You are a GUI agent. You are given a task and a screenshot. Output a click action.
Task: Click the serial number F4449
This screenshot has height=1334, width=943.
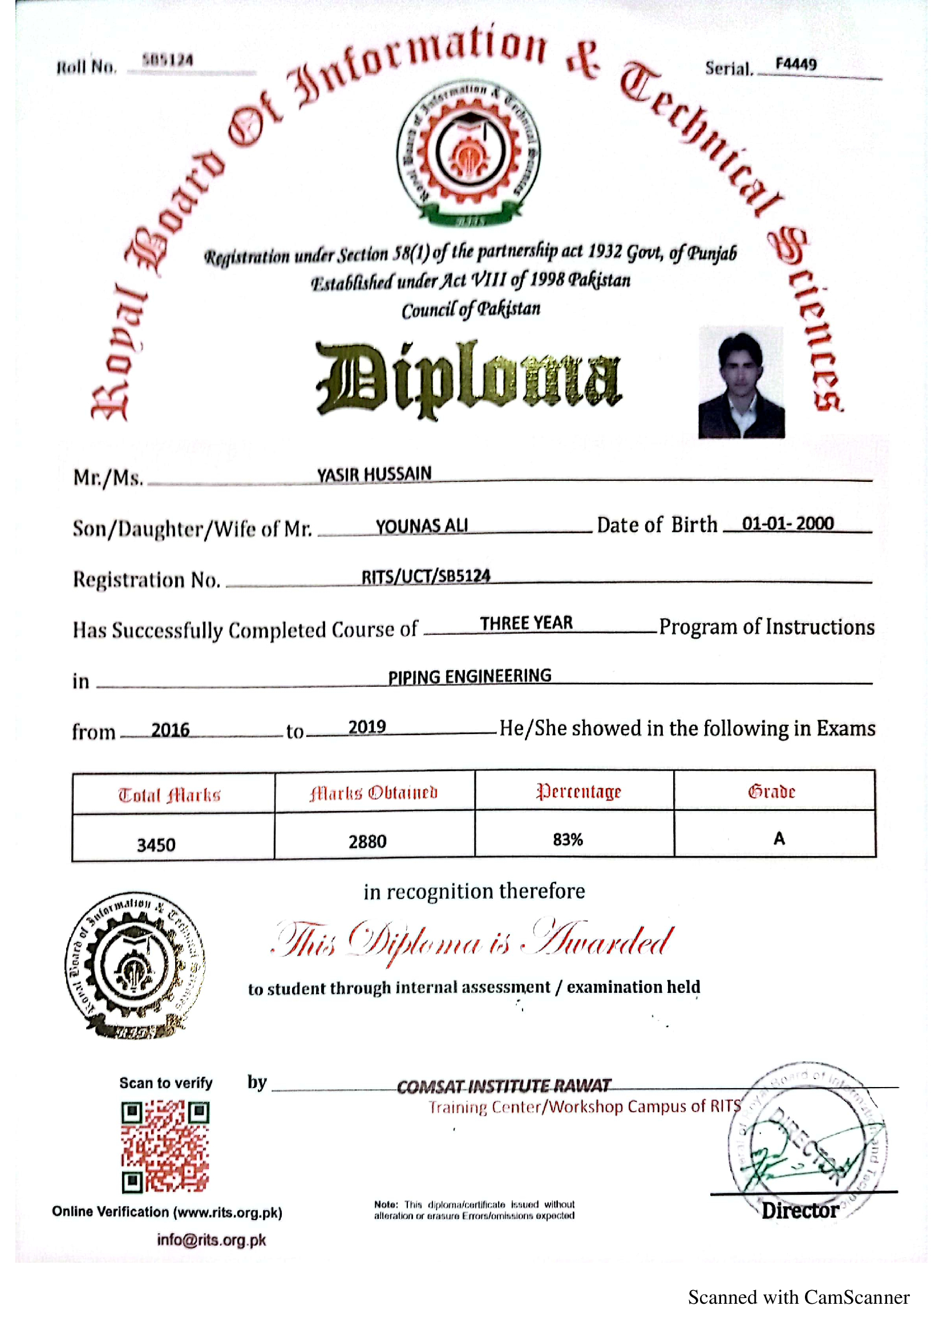pos(795,64)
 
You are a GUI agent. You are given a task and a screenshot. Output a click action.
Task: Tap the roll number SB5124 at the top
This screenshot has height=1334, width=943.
pos(168,60)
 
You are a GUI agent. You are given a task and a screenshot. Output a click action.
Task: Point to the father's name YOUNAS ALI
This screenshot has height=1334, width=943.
pos(421,526)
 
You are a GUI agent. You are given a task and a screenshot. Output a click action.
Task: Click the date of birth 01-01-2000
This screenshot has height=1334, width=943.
pos(787,524)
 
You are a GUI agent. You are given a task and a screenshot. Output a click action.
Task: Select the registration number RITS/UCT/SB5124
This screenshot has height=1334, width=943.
pos(426,576)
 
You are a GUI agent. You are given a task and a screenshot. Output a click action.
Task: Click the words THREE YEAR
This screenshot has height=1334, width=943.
pos(526,623)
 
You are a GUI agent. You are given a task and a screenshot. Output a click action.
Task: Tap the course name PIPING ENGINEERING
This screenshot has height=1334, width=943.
pos(470,676)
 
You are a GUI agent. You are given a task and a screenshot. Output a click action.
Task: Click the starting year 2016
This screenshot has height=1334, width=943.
pos(170,730)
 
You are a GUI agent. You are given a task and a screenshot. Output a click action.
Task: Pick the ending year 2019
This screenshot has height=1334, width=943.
pos(367,727)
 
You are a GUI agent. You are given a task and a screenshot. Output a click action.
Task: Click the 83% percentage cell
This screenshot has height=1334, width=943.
pos(568,840)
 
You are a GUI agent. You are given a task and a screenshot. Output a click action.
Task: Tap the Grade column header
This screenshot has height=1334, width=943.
pos(771,792)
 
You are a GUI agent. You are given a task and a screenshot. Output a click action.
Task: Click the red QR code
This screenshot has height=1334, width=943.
pos(165,1146)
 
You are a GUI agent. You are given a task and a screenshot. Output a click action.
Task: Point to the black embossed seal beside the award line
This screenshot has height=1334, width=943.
pos(135,966)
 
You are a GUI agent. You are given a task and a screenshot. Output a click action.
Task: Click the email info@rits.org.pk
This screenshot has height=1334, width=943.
pos(211,1240)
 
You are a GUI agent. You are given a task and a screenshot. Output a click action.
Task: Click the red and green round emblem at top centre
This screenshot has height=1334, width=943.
pos(468,153)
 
